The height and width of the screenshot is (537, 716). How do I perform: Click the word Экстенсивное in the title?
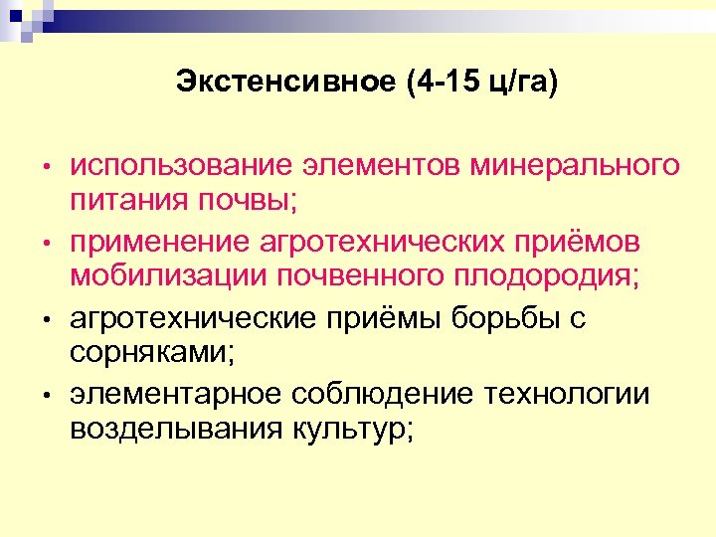(x=285, y=82)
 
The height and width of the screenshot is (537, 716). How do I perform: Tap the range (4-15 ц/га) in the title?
(x=481, y=82)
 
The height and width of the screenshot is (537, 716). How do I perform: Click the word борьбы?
(x=509, y=319)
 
